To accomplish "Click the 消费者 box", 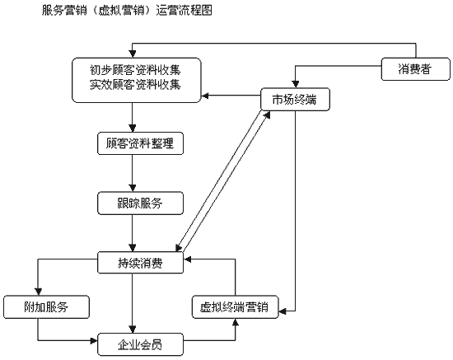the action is tap(416, 69).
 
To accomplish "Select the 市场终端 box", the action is tap(295, 100).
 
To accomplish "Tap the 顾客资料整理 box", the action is tap(140, 143).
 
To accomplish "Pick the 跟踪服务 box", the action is tap(140, 203).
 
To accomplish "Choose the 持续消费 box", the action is tap(140, 263).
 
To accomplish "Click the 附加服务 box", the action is tap(46, 306).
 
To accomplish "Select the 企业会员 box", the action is tap(140, 344).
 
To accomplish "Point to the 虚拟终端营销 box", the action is tap(236, 306).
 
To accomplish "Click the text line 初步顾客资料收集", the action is tap(135, 70).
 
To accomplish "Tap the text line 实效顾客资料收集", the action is tap(135, 84).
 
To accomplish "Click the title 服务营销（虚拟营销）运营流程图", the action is tap(127, 11).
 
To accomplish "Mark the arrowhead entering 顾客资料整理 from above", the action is tap(133, 129).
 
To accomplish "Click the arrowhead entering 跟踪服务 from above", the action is tap(133, 188).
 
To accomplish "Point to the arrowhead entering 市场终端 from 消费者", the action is tap(295, 84).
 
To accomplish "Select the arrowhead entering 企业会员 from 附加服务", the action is tap(94, 341).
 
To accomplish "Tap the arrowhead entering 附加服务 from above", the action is tap(38, 292).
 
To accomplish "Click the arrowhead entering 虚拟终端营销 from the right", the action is tap(283, 311).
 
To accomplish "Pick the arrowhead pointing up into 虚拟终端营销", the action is tap(236, 322).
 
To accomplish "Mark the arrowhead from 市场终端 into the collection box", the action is tap(204, 96).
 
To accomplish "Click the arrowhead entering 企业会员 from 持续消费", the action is tap(133, 330).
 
